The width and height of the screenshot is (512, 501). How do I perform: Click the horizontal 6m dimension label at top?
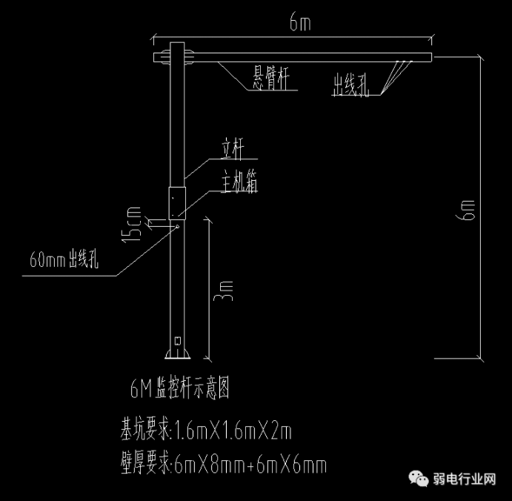click(x=300, y=24)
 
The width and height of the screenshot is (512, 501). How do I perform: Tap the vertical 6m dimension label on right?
click(x=468, y=210)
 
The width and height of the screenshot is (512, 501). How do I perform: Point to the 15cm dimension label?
click(x=134, y=225)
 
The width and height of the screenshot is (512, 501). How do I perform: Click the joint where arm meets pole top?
click(x=176, y=56)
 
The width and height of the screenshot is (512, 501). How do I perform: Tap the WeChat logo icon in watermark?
click(x=420, y=479)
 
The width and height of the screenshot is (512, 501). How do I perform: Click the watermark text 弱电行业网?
click(x=465, y=480)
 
